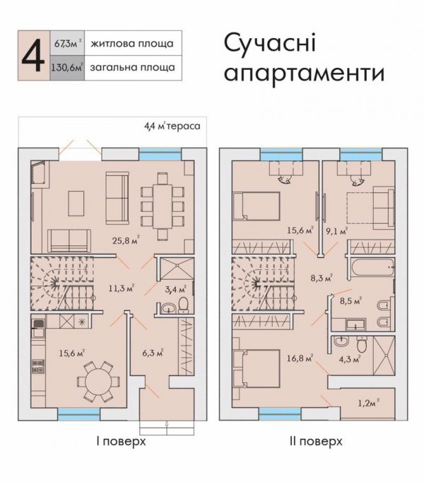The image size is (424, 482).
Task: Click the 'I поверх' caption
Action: pos(120,442)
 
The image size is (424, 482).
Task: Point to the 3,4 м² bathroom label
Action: pos(174,288)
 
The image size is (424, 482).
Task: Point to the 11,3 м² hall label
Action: pos(119,288)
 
